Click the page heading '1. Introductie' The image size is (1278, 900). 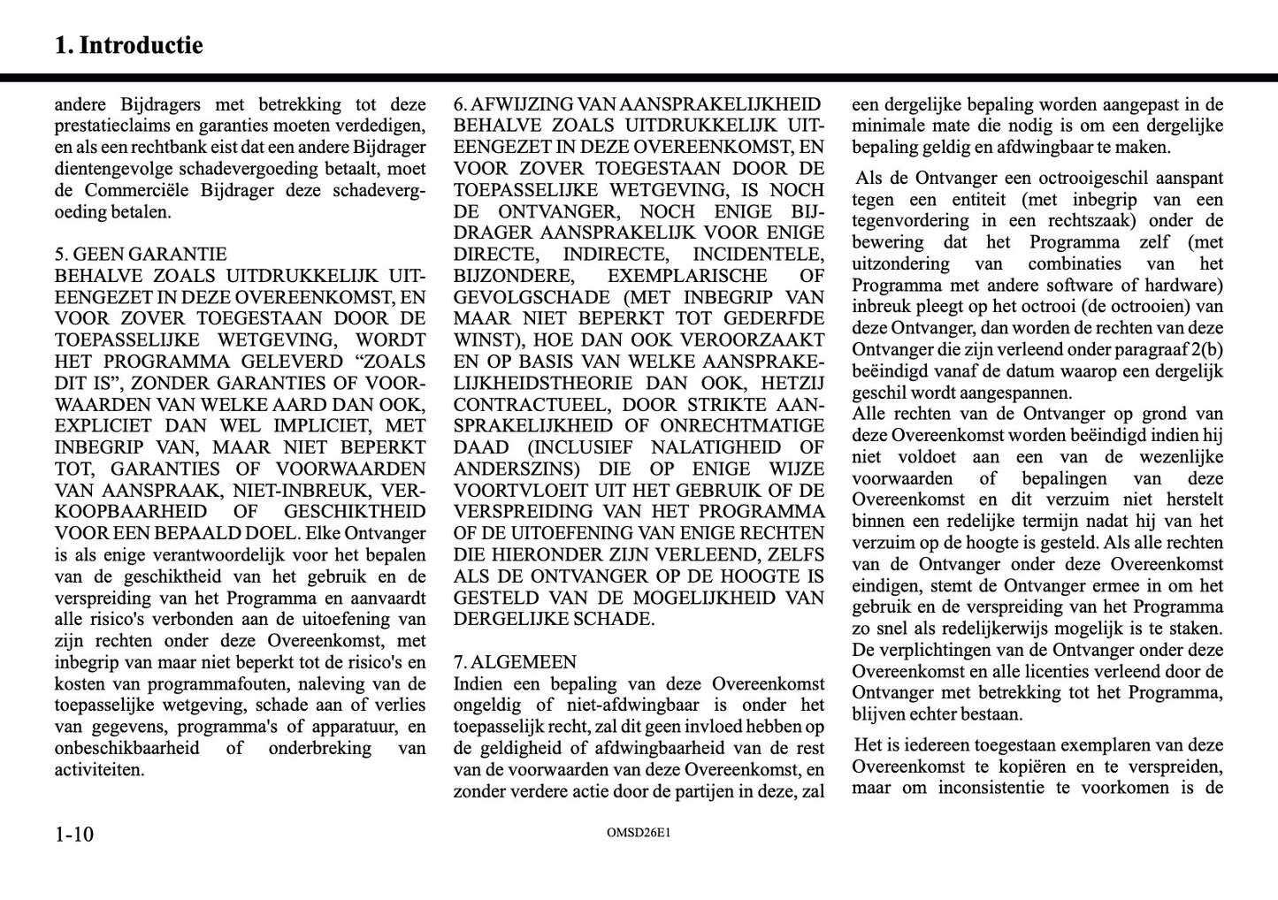128,45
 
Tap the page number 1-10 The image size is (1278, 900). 74,834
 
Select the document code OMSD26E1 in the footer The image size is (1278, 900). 639,833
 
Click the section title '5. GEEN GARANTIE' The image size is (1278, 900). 141,255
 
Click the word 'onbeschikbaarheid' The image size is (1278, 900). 126,748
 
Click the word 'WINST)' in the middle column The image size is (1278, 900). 484,340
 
